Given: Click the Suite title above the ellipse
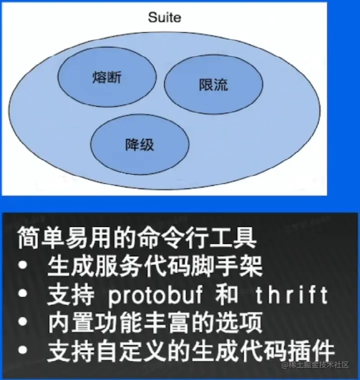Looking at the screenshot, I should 164,18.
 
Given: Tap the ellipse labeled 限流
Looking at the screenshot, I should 213,84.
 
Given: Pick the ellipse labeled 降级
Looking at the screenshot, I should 139,145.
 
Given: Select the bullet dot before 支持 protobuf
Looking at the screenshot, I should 23,296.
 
